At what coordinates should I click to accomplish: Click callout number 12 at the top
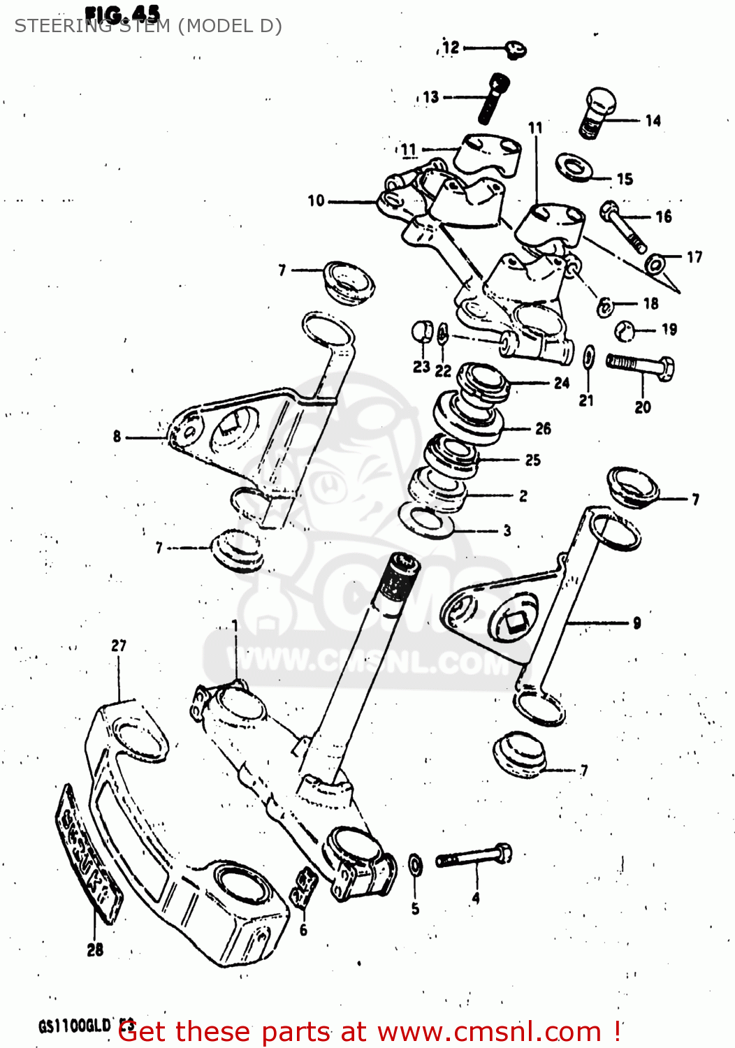point(451,48)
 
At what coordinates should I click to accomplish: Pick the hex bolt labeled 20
point(641,366)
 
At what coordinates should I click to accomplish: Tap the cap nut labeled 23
point(422,332)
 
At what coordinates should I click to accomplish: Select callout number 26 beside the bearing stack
point(543,429)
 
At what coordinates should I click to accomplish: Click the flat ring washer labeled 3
point(425,523)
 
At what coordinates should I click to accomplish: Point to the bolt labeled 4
point(474,856)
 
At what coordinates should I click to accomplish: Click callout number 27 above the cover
point(119,646)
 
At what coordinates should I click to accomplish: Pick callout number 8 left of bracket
point(117,437)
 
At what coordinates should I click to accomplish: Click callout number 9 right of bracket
point(636,623)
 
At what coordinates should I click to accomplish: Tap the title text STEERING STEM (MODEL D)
point(148,26)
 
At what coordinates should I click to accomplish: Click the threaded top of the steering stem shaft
point(398,576)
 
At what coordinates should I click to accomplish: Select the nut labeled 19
point(626,330)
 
